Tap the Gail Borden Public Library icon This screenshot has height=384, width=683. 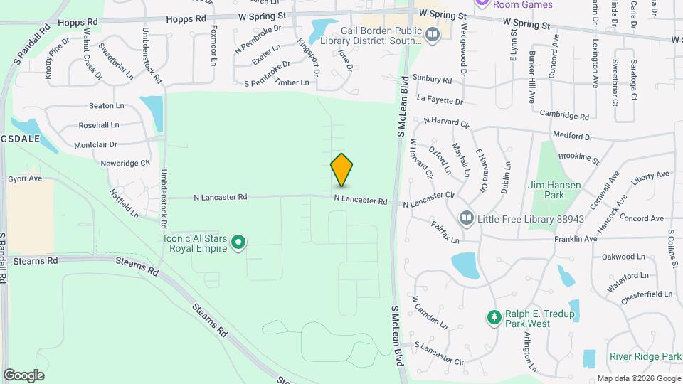432,33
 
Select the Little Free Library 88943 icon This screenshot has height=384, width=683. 466,217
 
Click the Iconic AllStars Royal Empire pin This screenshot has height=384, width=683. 239,244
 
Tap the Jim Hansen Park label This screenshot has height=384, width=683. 555,189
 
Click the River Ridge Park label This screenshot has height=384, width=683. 645,356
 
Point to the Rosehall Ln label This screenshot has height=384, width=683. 99,125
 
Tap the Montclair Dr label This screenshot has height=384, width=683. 95,144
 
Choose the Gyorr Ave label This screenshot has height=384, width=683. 25,178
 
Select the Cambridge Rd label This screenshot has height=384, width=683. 564,116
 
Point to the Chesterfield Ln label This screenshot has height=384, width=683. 646,294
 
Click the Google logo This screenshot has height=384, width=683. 23,375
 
